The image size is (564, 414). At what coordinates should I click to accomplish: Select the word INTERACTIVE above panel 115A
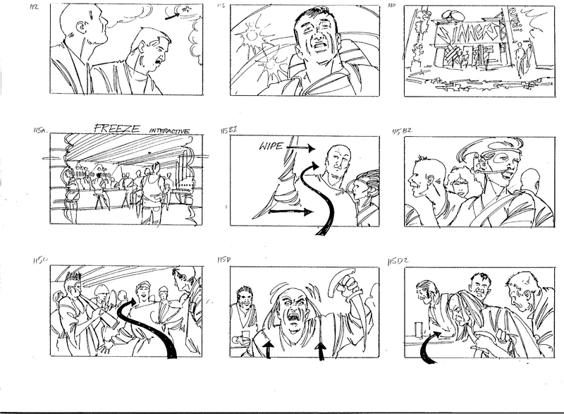(x=173, y=130)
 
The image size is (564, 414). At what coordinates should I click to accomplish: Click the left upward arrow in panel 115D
(x=269, y=349)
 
